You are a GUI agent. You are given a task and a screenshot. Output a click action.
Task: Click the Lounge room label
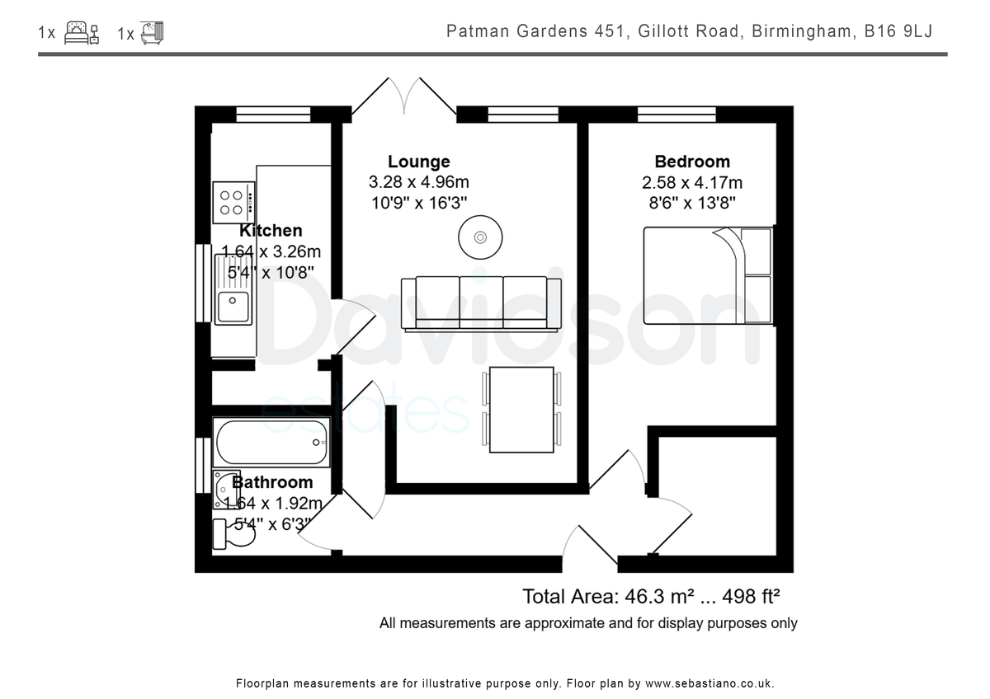click(418, 162)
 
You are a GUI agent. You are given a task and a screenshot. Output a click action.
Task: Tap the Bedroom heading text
click(692, 162)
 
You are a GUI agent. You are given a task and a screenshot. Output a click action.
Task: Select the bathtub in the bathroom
click(271, 442)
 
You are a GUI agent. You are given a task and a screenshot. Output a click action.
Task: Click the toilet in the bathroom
click(233, 534)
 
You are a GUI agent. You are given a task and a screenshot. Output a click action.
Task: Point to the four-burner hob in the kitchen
click(233, 203)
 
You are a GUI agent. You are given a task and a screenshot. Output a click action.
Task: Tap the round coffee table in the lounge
click(480, 237)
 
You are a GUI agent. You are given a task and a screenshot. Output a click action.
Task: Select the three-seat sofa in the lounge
click(481, 304)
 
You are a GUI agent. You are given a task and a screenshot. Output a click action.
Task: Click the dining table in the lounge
click(521, 410)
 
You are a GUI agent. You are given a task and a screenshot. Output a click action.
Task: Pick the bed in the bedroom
click(708, 276)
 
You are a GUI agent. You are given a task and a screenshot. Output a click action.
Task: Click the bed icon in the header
click(82, 33)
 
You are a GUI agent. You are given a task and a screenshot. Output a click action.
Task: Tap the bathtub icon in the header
click(152, 33)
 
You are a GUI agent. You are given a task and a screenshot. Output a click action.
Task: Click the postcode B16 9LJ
click(898, 31)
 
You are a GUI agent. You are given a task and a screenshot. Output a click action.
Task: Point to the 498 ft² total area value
click(751, 597)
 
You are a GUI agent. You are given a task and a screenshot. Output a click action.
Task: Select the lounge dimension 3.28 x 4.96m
click(418, 182)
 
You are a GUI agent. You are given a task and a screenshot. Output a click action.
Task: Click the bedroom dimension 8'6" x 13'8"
click(692, 203)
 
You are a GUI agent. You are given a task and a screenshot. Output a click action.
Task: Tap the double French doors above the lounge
click(404, 96)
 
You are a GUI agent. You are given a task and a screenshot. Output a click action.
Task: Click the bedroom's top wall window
click(676, 115)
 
